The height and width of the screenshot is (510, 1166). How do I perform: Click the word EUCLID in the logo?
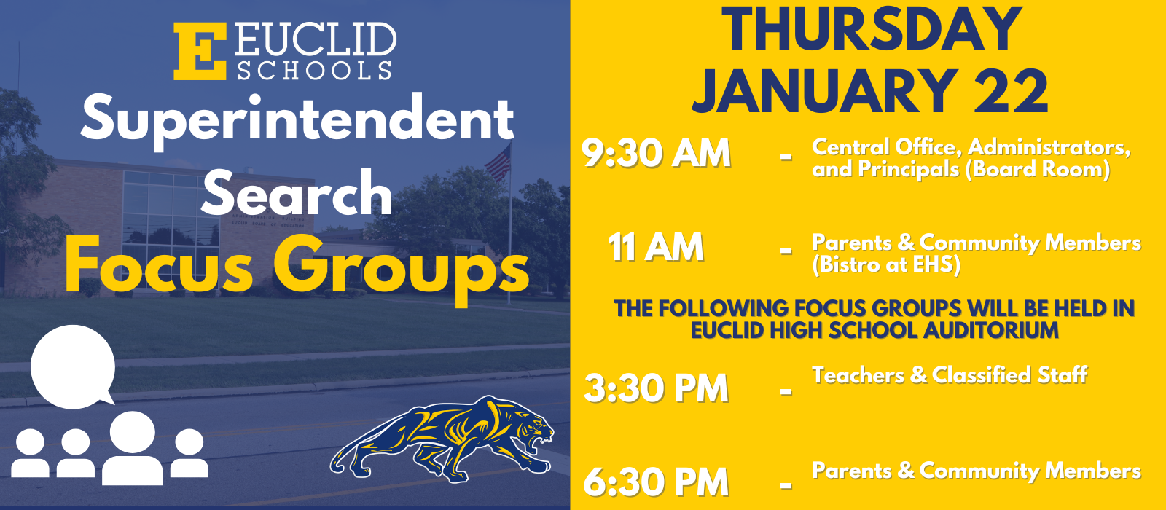coord(316,41)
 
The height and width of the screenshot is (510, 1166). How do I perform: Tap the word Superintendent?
coord(297,120)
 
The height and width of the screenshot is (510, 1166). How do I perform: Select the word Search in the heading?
coord(297,193)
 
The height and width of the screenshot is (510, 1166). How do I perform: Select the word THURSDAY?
coord(872,29)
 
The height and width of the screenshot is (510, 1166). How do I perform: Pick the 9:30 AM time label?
coord(656,154)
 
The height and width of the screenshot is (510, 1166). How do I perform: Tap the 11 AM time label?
coord(656,248)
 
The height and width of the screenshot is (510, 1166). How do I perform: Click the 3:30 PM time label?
coord(656,388)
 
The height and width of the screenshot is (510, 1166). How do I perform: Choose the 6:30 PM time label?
coord(656,482)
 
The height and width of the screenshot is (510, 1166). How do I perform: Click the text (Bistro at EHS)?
coord(886,264)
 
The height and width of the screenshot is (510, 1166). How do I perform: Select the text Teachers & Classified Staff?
coord(950,375)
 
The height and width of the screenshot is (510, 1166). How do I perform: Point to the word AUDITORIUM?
coord(990,330)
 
